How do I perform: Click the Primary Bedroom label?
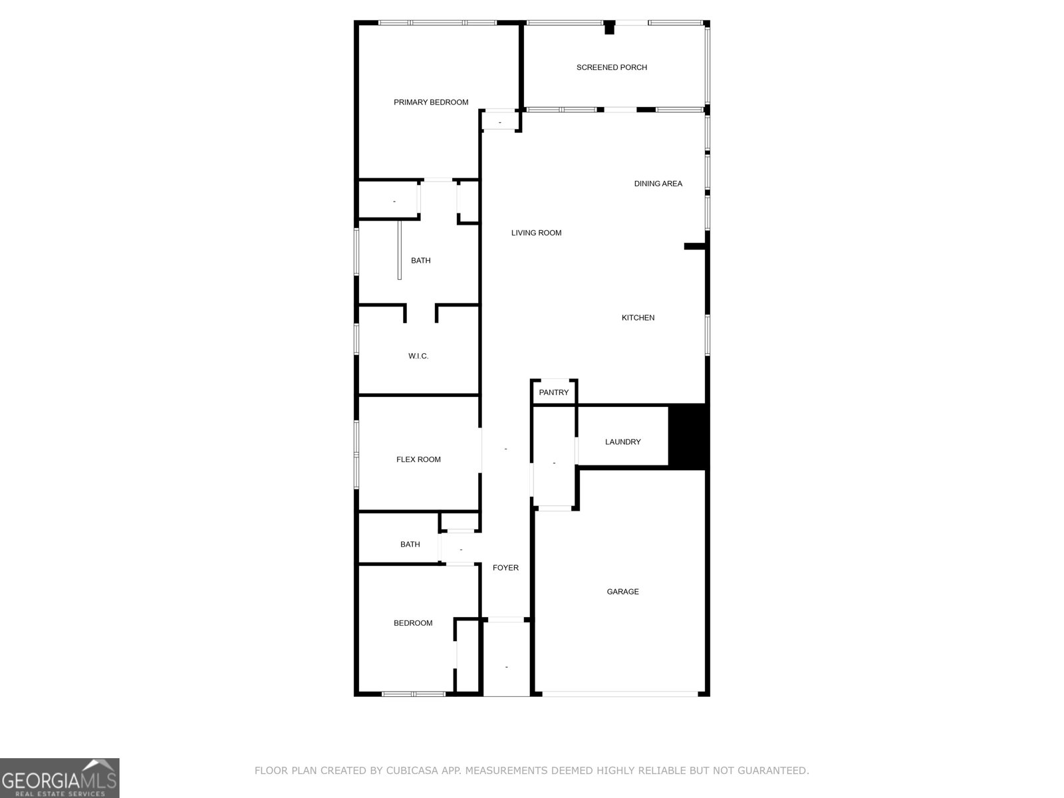point(431,102)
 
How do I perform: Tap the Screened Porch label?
point(611,67)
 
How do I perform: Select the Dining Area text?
point(658,184)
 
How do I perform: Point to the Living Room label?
point(536,233)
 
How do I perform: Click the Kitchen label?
point(638,318)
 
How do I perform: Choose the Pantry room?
point(554,392)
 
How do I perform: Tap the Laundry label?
point(622,442)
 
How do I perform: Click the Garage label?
point(622,592)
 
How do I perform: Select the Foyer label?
point(505,568)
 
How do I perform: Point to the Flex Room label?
point(418,460)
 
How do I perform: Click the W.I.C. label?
point(418,356)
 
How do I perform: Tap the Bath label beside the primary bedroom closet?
point(420,261)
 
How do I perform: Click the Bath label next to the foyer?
point(410,545)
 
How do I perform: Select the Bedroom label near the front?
point(413,623)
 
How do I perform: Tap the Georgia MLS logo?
point(59,777)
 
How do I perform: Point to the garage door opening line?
point(620,694)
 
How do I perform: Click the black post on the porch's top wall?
point(609,27)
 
